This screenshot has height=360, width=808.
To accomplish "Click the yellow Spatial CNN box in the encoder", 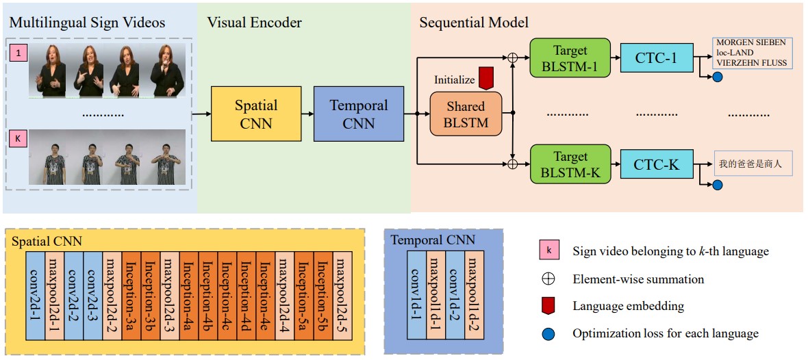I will tap(256, 114).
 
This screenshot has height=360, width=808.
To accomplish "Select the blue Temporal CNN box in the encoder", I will tap(358, 114).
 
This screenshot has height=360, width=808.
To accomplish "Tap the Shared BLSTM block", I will tap(465, 114).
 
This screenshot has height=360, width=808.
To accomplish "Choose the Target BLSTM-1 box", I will tap(570, 57).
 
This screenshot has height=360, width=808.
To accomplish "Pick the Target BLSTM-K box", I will tap(570, 165).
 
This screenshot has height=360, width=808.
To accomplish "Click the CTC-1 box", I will tap(657, 57).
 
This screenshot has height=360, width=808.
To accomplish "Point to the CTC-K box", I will tap(657, 165).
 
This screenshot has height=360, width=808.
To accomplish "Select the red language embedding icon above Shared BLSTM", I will tap(486, 78).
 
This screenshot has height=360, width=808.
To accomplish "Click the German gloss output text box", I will tap(751, 53).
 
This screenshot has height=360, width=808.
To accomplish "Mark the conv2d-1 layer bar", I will tap(36, 296).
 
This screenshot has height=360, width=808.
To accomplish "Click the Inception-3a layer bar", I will tap(131, 296).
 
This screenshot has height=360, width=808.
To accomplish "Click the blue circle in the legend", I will tap(548, 334).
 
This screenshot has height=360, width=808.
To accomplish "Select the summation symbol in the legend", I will tap(548, 279).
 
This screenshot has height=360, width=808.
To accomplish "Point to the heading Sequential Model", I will tap(473, 23).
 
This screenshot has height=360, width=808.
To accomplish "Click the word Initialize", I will tap(454, 80).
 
